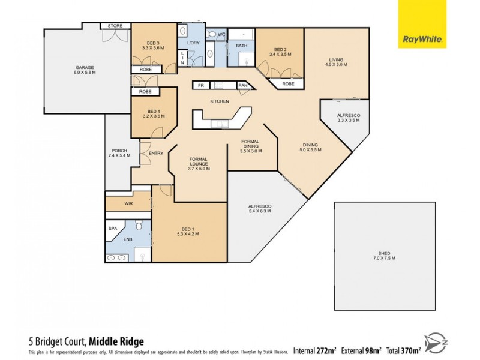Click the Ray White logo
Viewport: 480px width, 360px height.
coord(422,24)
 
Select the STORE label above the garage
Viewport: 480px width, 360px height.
coord(115,26)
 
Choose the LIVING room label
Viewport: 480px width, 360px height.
coord(335,59)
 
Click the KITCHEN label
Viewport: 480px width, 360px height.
coord(219,101)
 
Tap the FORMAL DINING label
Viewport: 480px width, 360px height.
coord(251,145)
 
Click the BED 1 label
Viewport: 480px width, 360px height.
coord(190,228)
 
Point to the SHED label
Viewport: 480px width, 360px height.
coord(385,253)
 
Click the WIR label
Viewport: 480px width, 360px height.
coord(128,204)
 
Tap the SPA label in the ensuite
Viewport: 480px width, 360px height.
coord(112,229)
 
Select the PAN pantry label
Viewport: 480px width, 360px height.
coord(243,86)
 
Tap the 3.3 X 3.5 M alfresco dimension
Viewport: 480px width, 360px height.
coord(348,120)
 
